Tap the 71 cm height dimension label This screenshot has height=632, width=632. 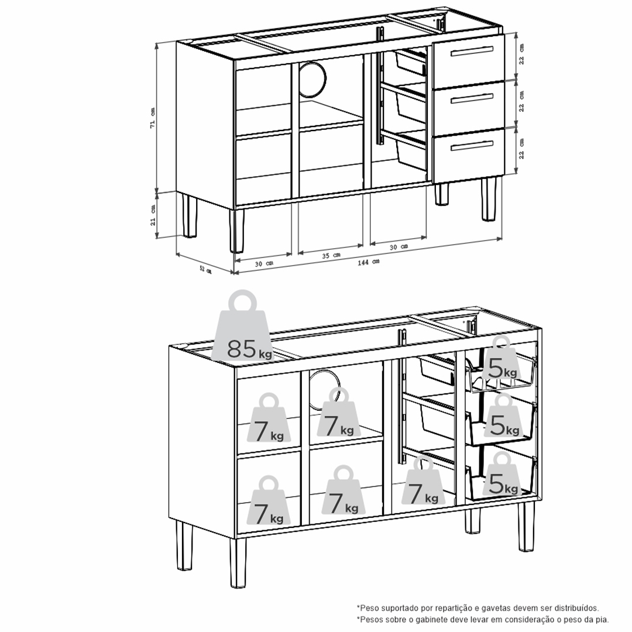[152, 118]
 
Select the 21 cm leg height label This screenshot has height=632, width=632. [153, 215]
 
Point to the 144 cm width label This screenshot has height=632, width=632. [369, 262]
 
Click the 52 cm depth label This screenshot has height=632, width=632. [205, 269]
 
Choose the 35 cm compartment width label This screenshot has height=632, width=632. [331, 256]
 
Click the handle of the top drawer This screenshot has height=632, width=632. [472, 51]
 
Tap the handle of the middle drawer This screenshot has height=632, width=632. [472, 98]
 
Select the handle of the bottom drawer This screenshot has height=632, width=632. [472, 146]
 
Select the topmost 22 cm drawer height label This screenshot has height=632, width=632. [521, 54]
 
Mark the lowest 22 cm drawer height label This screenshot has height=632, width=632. [521, 148]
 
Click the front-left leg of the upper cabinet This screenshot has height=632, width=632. [237, 231]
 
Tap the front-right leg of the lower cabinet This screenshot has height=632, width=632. [527, 526]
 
